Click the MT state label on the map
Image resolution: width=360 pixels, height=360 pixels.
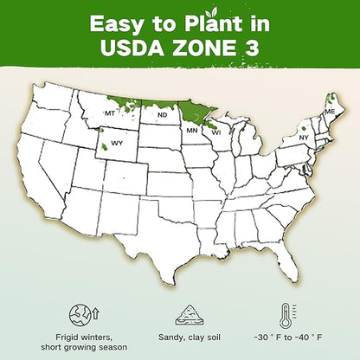coord(109,113)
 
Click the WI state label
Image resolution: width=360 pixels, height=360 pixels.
coord(215,132)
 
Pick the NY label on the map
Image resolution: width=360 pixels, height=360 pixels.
coord(304,138)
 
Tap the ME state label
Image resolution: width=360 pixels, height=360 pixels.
coord(330,112)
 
